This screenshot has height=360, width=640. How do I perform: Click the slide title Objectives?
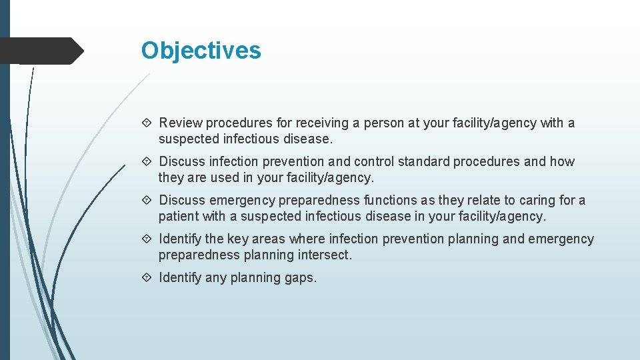coord(201,51)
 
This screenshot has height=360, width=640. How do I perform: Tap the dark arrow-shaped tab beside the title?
coord(40,51)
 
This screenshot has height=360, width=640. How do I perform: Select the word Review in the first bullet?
coord(181,123)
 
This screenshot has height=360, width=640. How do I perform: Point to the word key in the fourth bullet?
coord(238,239)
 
